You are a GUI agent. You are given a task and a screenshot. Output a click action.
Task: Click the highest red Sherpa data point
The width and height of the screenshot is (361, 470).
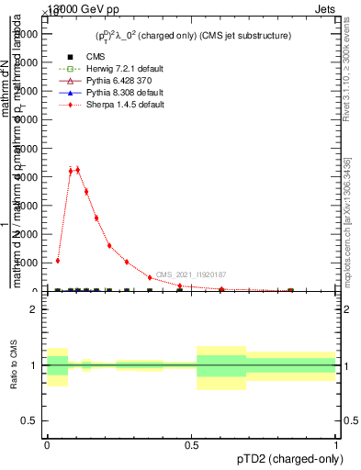(x=78, y=170)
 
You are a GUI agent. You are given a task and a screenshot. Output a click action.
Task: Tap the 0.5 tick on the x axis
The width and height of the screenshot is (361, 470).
(x=191, y=446)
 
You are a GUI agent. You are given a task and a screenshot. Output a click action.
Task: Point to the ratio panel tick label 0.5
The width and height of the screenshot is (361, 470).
(x=30, y=420)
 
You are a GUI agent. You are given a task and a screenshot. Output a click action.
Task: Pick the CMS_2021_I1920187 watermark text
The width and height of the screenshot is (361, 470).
(x=191, y=274)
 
